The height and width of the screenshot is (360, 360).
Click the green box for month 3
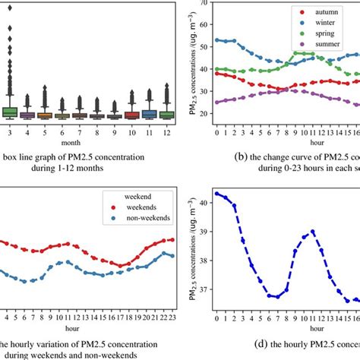tap(9, 112)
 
